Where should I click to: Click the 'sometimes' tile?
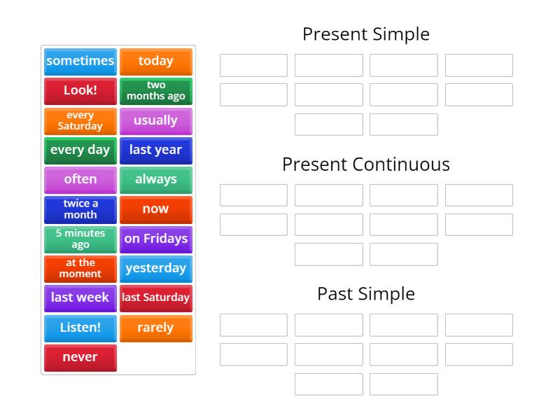80,62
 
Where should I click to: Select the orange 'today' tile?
155,62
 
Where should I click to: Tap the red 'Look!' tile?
80,91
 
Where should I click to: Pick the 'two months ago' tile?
155,91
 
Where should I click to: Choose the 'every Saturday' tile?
80,120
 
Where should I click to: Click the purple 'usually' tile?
155,120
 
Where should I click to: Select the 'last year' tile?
155,150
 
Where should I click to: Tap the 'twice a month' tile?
80,209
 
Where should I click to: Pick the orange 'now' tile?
155,209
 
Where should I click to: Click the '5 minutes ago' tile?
80,239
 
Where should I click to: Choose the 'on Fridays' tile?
155,239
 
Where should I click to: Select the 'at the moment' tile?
80,268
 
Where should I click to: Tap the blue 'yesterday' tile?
155,268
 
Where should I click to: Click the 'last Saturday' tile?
155,297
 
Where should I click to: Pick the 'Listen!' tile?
80,328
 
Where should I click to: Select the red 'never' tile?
80,357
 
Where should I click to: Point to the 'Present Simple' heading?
365,34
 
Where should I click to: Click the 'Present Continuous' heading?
365,164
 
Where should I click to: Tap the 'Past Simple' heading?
365,294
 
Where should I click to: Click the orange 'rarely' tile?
155,328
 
